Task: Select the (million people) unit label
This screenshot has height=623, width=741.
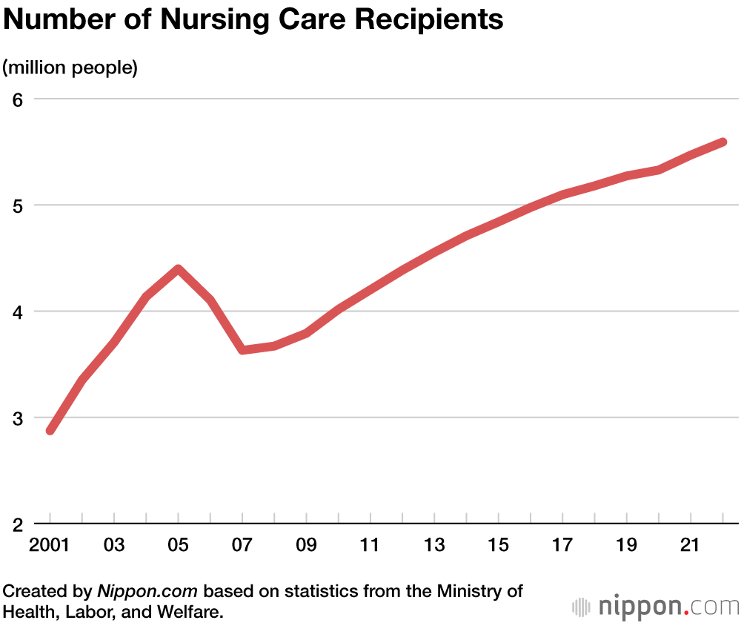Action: click(70, 68)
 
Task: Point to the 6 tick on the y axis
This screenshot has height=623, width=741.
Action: click(18, 99)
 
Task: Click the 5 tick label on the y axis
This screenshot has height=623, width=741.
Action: click(18, 205)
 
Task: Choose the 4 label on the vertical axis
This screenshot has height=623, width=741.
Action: click(18, 311)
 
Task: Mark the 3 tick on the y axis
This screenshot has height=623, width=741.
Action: click(18, 418)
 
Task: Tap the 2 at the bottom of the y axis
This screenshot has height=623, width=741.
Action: click(18, 524)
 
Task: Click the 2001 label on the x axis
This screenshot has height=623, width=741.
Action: click(50, 546)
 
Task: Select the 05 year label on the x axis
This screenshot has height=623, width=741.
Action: click(179, 546)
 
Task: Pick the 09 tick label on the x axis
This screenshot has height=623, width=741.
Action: click(307, 546)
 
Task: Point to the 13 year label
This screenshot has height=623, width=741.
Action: click(435, 546)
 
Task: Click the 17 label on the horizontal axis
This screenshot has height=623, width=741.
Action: click(563, 546)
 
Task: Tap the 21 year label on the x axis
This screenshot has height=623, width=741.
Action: click(691, 546)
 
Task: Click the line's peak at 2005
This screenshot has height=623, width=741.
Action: click(179, 268)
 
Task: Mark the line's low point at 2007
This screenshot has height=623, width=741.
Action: click(243, 349)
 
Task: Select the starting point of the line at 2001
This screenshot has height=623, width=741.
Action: click(50, 430)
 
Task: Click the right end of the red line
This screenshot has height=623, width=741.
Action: click(722, 142)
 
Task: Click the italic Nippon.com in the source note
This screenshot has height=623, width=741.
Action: click(148, 592)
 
